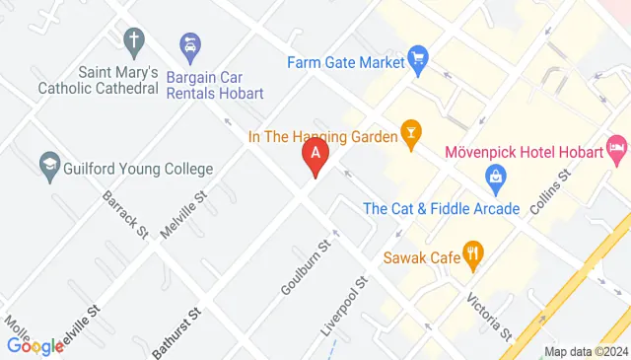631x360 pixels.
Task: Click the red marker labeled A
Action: point(315,155)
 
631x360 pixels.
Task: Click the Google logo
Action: point(35,345)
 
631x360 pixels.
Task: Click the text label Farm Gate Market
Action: point(346,62)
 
